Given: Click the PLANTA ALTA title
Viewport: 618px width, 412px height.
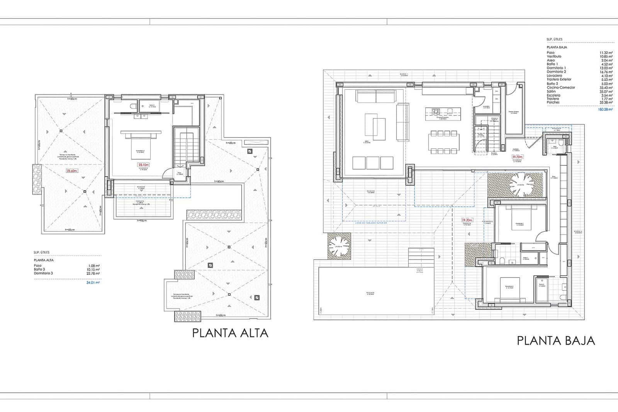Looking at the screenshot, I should pyautogui.click(x=230, y=333).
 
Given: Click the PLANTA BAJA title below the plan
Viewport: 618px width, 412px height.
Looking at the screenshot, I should pyautogui.click(x=555, y=340).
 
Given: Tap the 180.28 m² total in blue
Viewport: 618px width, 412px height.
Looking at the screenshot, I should pyautogui.click(x=605, y=109).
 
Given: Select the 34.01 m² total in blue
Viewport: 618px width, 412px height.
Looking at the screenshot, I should pyautogui.click(x=93, y=283).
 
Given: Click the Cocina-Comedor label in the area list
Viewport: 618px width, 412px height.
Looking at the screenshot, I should pyautogui.click(x=561, y=87).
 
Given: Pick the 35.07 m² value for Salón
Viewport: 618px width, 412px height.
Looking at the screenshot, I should pyautogui.click(x=606, y=91).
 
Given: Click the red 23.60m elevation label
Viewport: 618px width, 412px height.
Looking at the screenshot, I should pyautogui.click(x=72, y=171).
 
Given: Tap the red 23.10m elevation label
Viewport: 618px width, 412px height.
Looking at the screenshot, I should pyautogui.click(x=143, y=165).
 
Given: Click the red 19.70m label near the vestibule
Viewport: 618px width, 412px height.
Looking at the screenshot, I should pyautogui.click(x=517, y=157).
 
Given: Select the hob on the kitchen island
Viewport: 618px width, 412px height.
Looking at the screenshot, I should pyautogui.click(x=436, y=112).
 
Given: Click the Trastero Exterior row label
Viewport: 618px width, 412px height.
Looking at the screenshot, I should pyautogui.click(x=559, y=80).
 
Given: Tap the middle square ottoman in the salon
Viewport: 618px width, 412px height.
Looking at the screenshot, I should pyautogui.click(x=373, y=163).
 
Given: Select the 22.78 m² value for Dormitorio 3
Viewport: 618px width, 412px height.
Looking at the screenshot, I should pyautogui.click(x=94, y=273).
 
